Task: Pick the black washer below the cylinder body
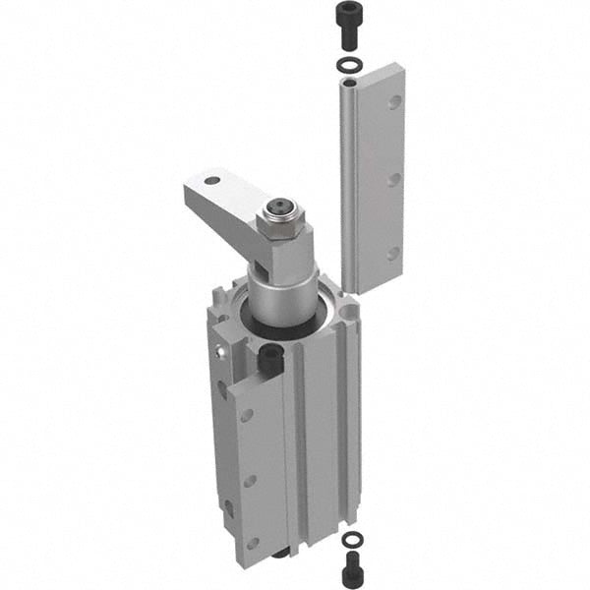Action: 350,540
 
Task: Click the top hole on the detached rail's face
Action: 394,103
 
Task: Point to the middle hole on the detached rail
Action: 393,180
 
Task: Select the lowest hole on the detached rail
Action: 392,254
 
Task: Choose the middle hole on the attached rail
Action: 250,481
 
